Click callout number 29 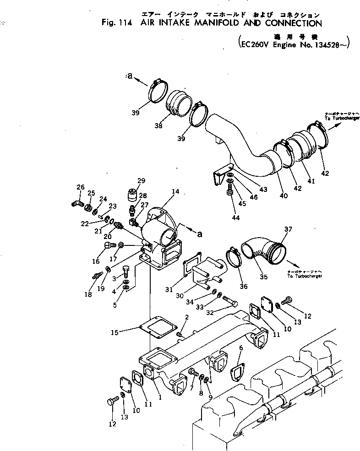pos(141,180)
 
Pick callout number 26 pos(81,187)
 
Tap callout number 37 pos(288,229)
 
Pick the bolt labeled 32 pos(231,302)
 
